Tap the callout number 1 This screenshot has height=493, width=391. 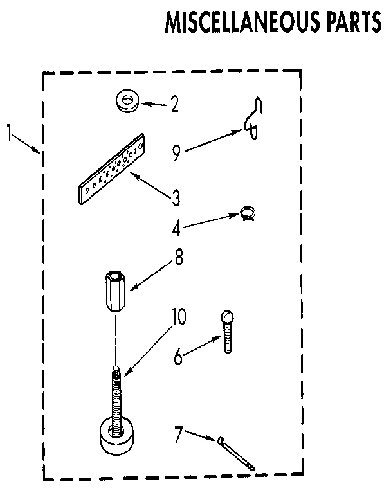(x=10, y=134)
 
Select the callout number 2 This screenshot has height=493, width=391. (x=174, y=103)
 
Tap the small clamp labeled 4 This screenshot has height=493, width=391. (x=246, y=212)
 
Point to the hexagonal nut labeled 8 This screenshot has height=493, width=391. (x=114, y=292)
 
